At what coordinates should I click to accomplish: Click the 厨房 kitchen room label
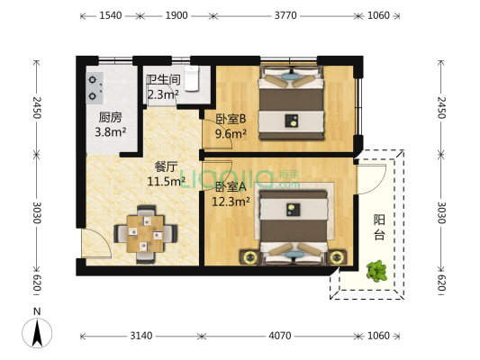coord(111,117)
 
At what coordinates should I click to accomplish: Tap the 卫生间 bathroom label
coord(163,79)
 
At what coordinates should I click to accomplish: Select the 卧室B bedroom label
coord(231,119)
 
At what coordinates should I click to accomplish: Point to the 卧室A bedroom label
coord(231,186)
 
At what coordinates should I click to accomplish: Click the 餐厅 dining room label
coord(165,166)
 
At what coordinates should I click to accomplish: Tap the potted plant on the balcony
coord(377,270)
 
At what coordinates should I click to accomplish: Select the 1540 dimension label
coord(111,15)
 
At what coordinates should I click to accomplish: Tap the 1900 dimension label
coord(177,15)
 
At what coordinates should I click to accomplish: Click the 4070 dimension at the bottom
coord(280,337)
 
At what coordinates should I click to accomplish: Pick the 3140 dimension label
coord(140,337)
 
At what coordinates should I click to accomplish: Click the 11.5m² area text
coord(166,181)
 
